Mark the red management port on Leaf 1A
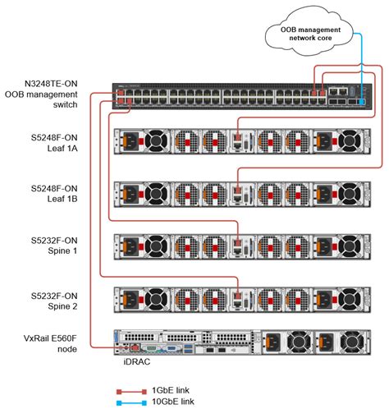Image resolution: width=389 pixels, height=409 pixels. pos(238,140)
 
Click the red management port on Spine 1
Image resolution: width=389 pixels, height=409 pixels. pos(238,243)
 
